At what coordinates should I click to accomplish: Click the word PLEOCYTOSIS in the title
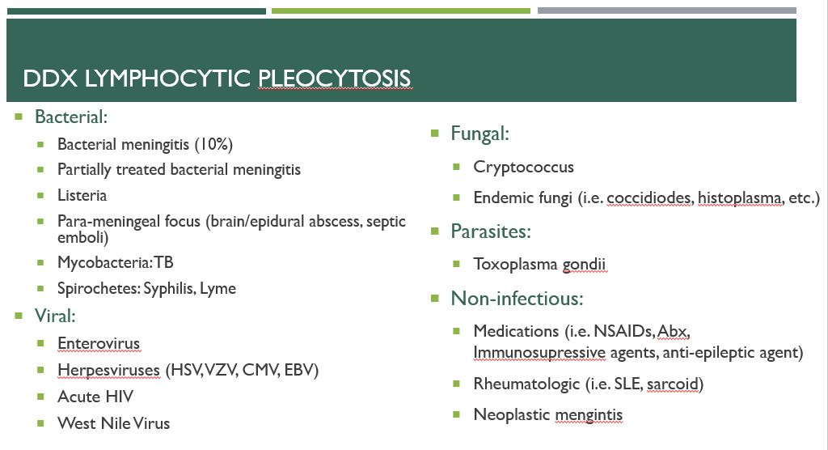pos(334,79)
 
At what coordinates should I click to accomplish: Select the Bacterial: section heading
pos(71,117)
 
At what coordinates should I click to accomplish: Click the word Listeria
pos(82,195)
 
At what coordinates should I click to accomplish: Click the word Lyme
pos(218,288)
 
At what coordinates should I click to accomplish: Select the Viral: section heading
pos(55,316)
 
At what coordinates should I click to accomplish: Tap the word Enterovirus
pos(99,343)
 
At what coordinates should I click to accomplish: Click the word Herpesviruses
pos(108,370)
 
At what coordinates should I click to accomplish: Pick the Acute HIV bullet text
pos(95,397)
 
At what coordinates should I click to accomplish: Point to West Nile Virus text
pos(114,422)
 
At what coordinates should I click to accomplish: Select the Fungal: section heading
pos(480,134)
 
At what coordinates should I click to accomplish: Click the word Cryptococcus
pos(524,168)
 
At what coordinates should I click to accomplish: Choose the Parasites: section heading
pos(491,231)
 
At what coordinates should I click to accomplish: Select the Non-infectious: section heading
pos(517,298)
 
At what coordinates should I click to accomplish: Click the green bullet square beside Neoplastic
pos(457,414)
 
